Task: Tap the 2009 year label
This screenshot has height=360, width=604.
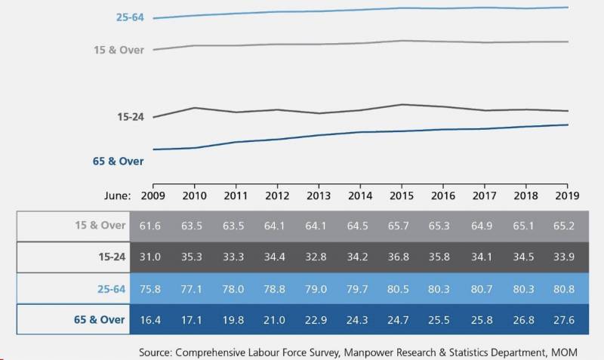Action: click(153, 194)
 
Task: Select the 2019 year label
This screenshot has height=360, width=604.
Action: click(567, 194)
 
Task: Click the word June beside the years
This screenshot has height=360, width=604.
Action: click(118, 194)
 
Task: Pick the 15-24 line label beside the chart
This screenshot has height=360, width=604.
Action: click(130, 117)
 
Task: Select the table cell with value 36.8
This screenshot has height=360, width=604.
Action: click(402, 257)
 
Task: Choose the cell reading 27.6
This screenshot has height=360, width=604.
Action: click(567, 320)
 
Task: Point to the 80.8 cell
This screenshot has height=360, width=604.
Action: click(567, 288)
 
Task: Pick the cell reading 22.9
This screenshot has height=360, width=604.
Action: click(319, 320)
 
